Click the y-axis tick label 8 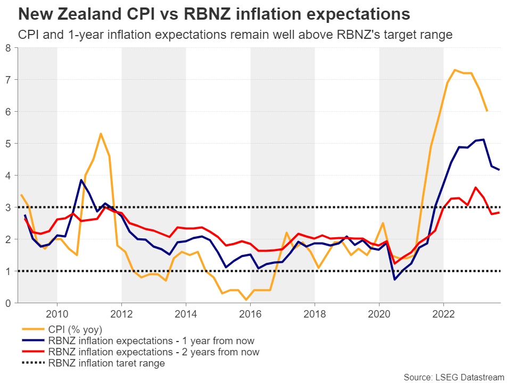8,48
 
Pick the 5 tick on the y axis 8,144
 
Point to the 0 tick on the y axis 8,303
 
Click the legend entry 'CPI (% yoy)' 75,329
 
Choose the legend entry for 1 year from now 151,340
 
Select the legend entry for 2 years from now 153,352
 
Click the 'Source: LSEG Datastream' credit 454,377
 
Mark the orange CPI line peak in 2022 455,70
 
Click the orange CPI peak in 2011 101,134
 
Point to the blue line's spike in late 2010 81,180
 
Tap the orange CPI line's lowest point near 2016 247,300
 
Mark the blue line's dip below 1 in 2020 395,279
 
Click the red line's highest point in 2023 475,187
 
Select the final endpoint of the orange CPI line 487,111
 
